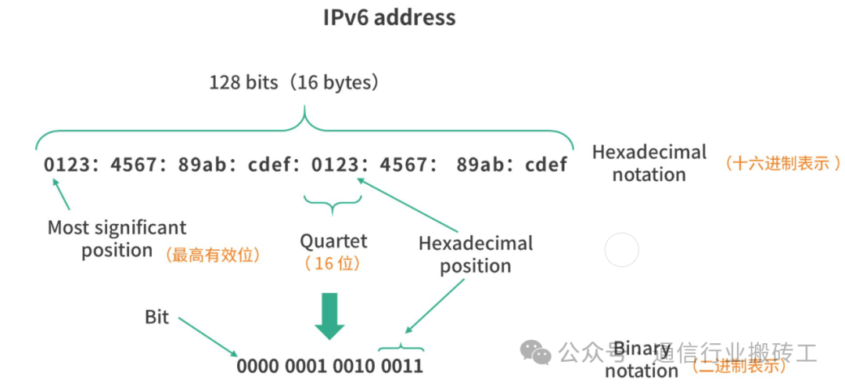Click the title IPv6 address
(x=389, y=17)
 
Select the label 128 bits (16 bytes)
(x=294, y=82)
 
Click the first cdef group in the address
(x=271, y=165)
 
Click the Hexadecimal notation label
(x=649, y=163)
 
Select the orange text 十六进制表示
(x=783, y=163)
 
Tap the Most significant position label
(x=117, y=239)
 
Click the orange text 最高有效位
(x=212, y=254)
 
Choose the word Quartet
(x=333, y=241)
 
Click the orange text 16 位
(x=333, y=263)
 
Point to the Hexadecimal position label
(x=475, y=254)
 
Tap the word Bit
(x=156, y=317)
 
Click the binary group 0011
(x=401, y=366)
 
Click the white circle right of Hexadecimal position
(x=622, y=251)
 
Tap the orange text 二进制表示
(x=739, y=364)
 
